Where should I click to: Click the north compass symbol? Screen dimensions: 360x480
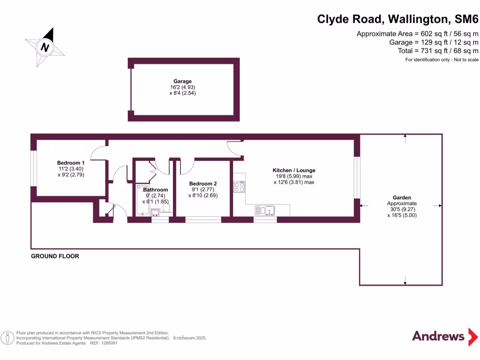coord(45,47)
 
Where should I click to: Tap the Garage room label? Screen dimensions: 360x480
coord(183,82)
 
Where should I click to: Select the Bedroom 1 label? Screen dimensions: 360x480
coord(68,163)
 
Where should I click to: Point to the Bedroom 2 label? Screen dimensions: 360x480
coord(203,183)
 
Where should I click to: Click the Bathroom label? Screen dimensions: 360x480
coord(155,190)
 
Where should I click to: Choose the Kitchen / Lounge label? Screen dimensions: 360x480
coord(294,170)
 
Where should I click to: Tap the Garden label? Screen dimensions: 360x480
coord(402,198)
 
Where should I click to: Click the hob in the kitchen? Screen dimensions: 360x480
coord(239,187)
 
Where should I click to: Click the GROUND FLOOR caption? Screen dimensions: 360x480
coord(55,256)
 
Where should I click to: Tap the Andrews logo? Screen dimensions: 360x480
coord(438,336)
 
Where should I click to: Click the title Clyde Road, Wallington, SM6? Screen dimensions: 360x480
coord(398,19)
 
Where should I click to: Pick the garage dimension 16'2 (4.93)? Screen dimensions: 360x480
coord(183,87)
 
